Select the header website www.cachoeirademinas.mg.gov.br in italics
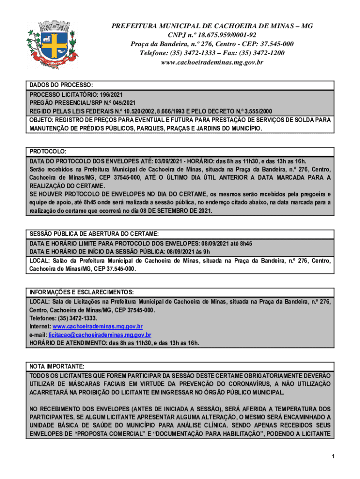pos(212,62)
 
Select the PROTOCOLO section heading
pos(48,152)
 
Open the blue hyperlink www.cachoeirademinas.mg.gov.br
pos(98,327)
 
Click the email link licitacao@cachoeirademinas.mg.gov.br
pos(100,335)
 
